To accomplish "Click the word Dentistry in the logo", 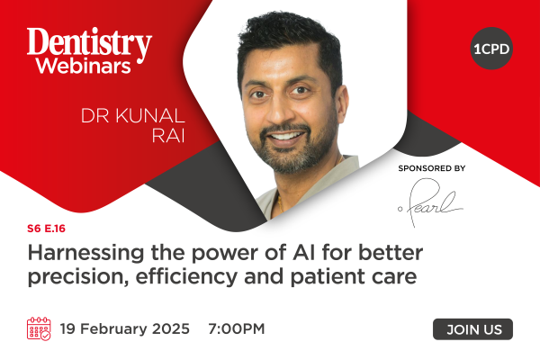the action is coord(89,43).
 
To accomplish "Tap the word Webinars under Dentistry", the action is coord(84,66).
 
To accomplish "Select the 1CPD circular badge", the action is coord(491,49).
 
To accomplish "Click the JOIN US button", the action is coord(472,329).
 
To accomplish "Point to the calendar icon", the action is coord(39,328).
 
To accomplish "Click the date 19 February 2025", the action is coord(125,328).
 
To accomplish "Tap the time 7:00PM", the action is coord(237,328).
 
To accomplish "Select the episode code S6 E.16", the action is coord(46,229).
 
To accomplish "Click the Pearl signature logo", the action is coord(430,202).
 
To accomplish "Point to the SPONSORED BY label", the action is coord(432,168).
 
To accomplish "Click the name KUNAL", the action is coord(150,116).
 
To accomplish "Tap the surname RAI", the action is coord(168,135).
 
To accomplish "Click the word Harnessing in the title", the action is coord(85,253).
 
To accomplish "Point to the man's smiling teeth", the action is coord(286,136).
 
